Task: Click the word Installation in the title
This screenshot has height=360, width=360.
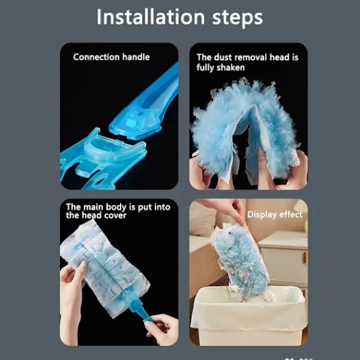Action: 151,17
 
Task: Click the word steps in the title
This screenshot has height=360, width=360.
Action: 238,19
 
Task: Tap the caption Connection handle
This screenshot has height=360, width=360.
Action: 112,57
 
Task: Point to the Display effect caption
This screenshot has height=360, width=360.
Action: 275,214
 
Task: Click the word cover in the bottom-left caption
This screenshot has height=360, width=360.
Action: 115,215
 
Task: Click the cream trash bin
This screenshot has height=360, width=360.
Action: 248,316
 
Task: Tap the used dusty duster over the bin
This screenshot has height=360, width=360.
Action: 242,263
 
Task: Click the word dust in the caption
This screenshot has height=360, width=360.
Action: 222,58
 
